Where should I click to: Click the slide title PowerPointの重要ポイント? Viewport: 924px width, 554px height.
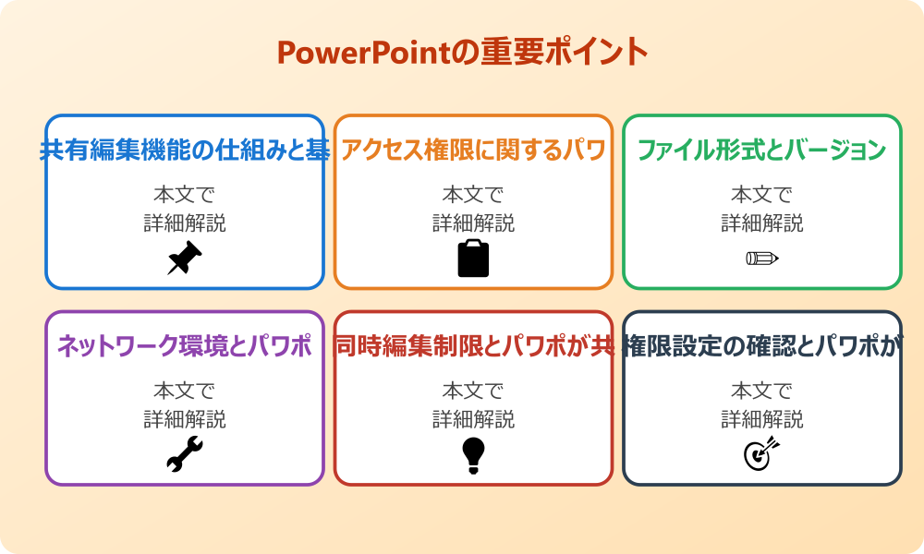click(462, 53)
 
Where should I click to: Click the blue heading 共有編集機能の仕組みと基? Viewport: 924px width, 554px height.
click(185, 151)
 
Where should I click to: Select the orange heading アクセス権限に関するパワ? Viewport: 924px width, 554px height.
click(473, 151)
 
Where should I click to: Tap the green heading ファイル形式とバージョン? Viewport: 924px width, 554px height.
click(762, 151)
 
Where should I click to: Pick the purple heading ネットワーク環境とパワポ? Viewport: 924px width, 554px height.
click(185, 346)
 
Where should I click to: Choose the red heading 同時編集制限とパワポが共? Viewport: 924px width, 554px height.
click(473, 346)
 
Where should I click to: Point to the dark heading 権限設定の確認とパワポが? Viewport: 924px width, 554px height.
click(762, 346)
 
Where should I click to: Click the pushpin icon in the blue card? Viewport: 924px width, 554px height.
click(185, 258)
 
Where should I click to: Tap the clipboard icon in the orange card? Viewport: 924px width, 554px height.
click(473, 258)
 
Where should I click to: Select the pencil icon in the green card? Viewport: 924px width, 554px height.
click(762, 258)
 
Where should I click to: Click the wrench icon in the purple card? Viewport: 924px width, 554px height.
click(185, 454)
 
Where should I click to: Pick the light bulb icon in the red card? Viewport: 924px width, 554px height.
click(473, 454)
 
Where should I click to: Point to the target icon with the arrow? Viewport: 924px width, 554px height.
click(762, 454)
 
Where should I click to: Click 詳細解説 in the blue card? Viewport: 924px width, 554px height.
click(185, 223)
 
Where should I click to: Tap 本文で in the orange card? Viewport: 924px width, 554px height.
click(473, 195)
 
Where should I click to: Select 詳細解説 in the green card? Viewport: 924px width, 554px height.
click(762, 223)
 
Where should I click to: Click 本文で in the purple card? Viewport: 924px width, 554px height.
click(185, 391)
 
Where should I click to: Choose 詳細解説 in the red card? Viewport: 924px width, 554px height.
click(473, 419)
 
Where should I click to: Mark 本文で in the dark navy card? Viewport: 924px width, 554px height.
click(762, 391)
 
